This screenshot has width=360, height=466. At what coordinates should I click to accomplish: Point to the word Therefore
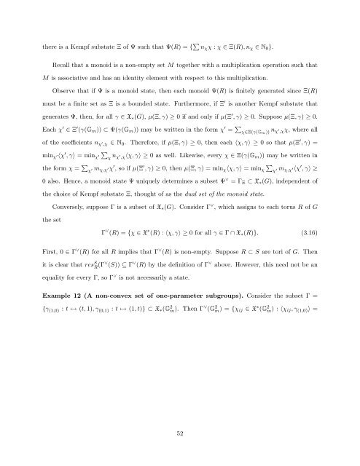(x=159, y=151)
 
